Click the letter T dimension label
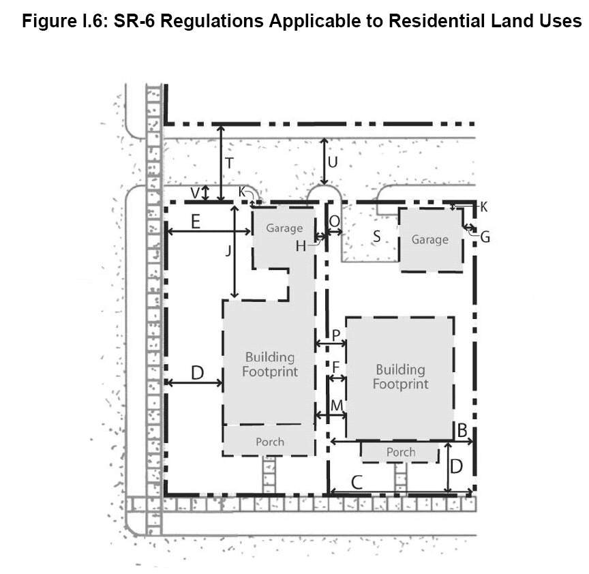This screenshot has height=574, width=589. (x=229, y=164)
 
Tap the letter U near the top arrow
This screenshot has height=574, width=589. (x=333, y=162)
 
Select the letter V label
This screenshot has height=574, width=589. (x=195, y=193)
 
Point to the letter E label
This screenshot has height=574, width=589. (x=196, y=222)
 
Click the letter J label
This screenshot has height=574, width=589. (x=228, y=251)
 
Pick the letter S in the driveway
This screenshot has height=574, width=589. (x=377, y=237)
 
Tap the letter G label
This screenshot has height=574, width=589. (x=485, y=237)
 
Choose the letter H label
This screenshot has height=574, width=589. (x=301, y=246)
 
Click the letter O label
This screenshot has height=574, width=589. (x=334, y=222)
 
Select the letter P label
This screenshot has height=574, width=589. (x=336, y=335)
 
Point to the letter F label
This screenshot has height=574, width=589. (x=336, y=367)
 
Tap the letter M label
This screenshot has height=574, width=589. (x=337, y=406)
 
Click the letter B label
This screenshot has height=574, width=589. (x=462, y=431)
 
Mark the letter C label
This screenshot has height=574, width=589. (x=357, y=483)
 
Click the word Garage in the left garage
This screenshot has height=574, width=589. (x=284, y=228)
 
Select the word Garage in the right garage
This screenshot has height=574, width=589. (x=429, y=240)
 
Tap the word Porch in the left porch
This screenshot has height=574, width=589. (x=270, y=442)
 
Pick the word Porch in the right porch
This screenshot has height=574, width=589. (x=401, y=452)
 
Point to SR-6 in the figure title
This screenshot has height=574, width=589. (x=135, y=20)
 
